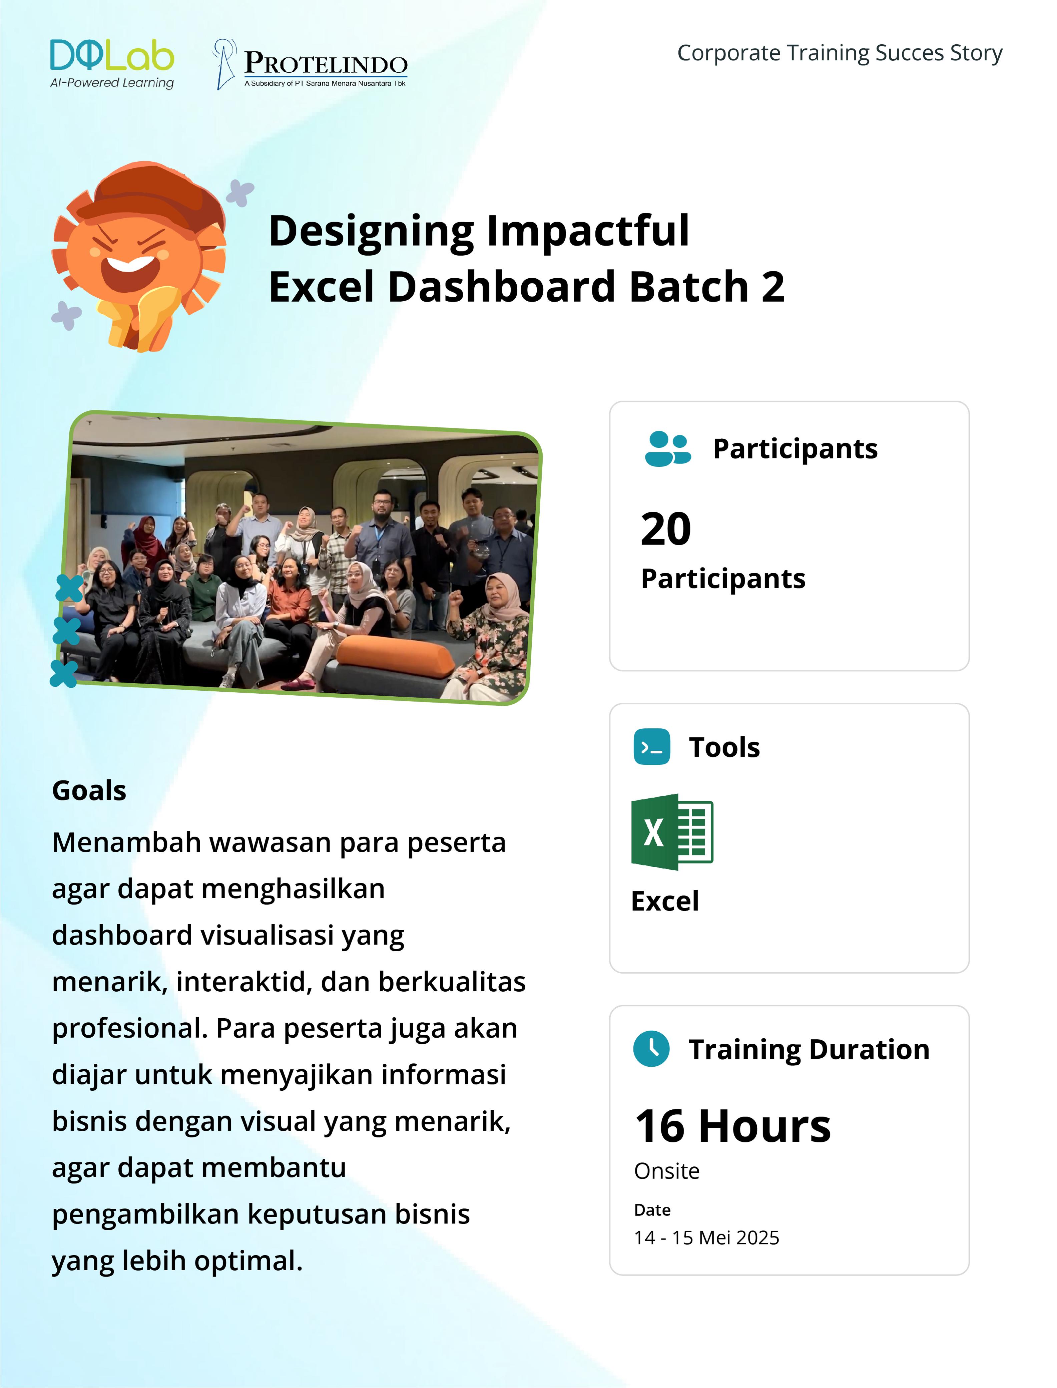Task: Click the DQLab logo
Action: pos(112,63)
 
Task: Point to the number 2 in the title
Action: pos(773,287)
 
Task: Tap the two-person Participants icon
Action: pos(667,449)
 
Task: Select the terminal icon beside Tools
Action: pos(652,747)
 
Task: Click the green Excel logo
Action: pos(672,832)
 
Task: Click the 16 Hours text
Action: pos(733,1126)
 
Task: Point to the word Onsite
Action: pos(667,1171)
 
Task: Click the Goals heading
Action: pos(89,791)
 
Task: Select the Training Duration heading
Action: pos(809,1049)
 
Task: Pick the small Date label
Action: pos(652,1210)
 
